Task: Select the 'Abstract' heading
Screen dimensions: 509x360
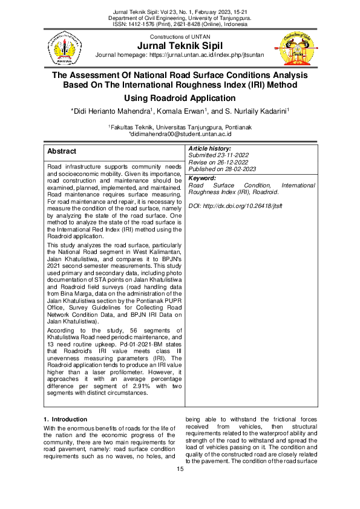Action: (62, 151)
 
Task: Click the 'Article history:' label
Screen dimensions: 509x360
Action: (210, 148)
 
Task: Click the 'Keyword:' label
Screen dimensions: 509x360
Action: (203, 178)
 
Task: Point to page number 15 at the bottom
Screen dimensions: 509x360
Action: (180, 469)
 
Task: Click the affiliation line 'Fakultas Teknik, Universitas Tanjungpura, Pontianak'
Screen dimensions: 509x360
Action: (180, 128)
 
